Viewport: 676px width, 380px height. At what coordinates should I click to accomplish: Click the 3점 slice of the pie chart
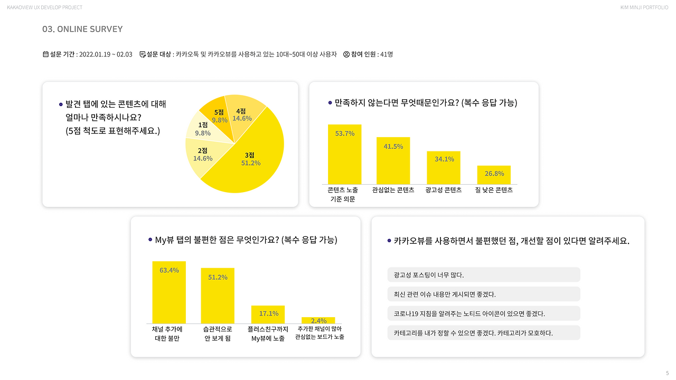coord(248,164)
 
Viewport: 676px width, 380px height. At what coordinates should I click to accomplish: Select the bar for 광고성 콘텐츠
coord(444,168)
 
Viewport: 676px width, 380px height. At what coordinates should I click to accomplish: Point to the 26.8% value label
coord(494,174)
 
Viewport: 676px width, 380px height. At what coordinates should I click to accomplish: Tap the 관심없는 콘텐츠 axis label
coord(393,190)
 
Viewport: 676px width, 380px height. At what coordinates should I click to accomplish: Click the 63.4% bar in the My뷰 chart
coord(169,292)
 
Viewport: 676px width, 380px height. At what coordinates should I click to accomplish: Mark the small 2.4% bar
coord(318,320)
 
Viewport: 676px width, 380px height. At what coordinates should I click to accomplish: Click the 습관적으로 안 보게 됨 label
coord(218,334)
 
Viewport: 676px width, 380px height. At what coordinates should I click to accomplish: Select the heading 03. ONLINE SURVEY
coord(82,29)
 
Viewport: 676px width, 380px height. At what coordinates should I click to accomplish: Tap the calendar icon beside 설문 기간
coord(45,54)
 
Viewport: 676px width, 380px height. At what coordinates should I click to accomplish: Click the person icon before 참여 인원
coord(346,54)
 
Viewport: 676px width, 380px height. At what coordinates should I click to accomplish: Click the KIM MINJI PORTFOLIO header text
coord(644,7)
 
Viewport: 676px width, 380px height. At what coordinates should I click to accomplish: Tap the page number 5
coord(667,373)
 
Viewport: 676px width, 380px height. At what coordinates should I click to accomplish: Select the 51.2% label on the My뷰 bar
coord(218,277)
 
